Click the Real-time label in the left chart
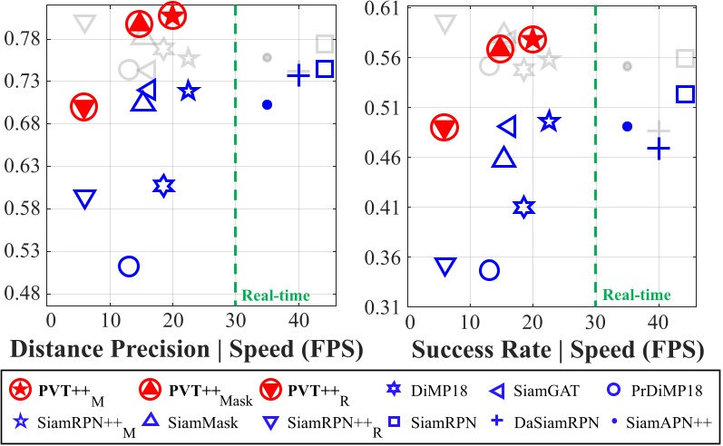coord(276,295)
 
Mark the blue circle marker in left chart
coord(128,266)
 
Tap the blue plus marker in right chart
coord(658,148)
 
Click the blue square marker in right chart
coord(685,93)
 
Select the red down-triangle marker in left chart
coord(84,108)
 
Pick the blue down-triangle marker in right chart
coord(445,266)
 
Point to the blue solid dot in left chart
coord(267,104)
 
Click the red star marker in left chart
coord(172,15)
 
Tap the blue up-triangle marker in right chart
coord(504,158)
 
